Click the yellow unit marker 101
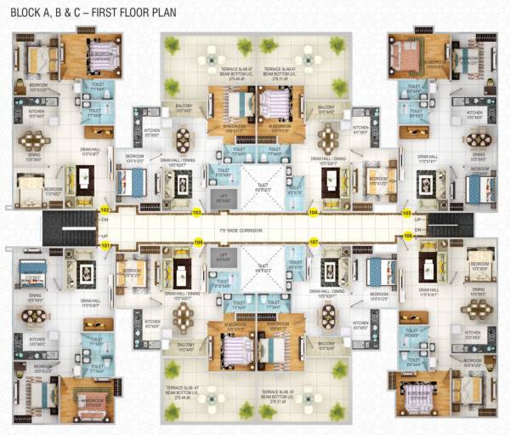[x=106, y=246]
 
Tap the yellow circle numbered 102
[x=105, y=209]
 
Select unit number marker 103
[x=196, y=212]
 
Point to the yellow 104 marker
[x=314, y=212]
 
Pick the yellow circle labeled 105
[x=406, y=213]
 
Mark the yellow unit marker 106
[x=408, y=235]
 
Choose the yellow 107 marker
[x=314, y=242]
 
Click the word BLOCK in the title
[x=27, y=12]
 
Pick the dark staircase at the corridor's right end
[x=450, y=227]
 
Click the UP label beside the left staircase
[x=105, y=236]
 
